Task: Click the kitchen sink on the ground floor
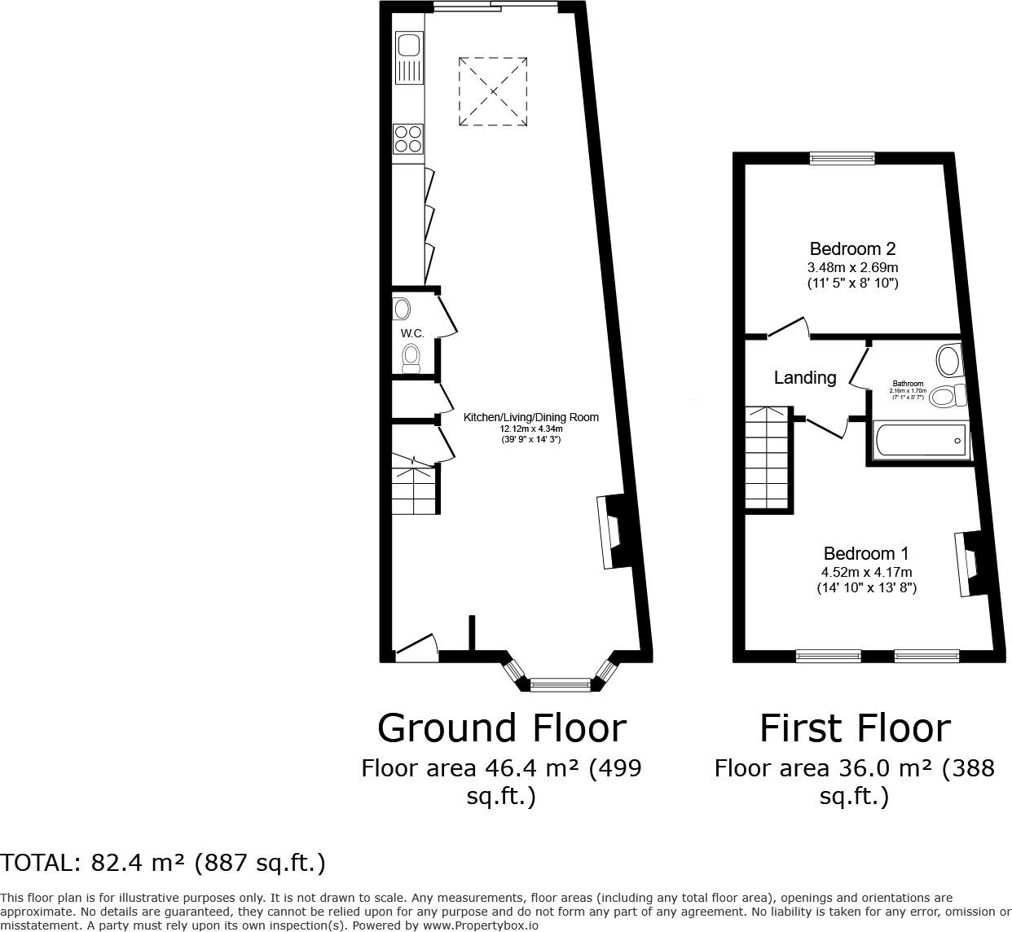click(x=408, y=59)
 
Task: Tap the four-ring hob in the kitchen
click(x=408, y=138)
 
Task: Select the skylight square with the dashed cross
click(x=493, y=91)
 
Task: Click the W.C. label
click(x=412, y=333)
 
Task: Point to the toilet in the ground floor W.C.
click(x=411, y=358)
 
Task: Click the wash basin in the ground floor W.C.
click(x=402, y=309)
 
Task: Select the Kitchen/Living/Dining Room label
click(x=530, y=417)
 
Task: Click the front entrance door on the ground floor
click(x=416, y=647)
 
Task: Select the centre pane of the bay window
click(x=560, y=685)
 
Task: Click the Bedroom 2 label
click(x=852, y=249)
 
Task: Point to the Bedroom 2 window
click(x=842, y=159)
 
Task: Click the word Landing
click(x=804, y=378)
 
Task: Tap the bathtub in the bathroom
click(x=919, y=441)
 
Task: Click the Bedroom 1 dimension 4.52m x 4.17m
click(x=866, y=572)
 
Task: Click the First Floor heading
click(x=855, y=728)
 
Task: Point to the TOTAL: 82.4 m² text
click(x=163, y=863)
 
